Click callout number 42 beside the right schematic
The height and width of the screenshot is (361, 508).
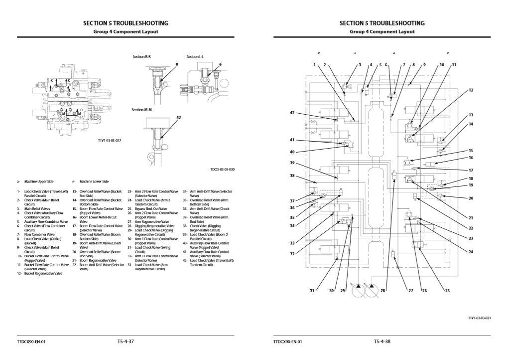[x=293, y=113]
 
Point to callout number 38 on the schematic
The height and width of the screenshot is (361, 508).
[x=293, y=176]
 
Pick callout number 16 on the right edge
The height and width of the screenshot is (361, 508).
[x=471, y=158]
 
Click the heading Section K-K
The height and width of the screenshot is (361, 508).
[x=141, y=57]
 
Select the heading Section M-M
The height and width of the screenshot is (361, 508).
[x=141, y=110]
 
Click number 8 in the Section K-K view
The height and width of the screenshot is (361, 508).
[x=176, y=64]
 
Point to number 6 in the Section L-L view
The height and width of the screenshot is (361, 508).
[x=220, y=64]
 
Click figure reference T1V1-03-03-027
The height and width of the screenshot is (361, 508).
[x=110, y=141]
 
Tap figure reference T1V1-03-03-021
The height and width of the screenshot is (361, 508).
[x=480, y=317]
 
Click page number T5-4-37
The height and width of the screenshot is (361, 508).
[x=126, y=342]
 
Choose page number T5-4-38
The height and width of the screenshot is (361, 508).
[x=382, y=342]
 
